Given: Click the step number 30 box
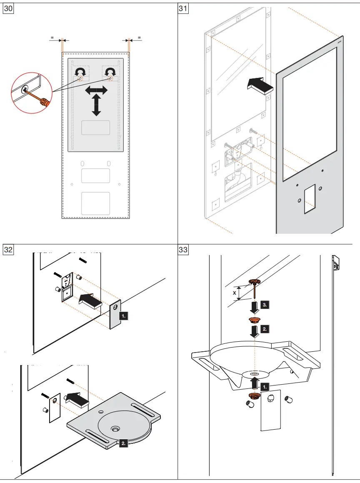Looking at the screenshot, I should pos(9,9).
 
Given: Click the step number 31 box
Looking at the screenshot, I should pos(183,9).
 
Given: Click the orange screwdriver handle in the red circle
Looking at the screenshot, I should pos(44,101).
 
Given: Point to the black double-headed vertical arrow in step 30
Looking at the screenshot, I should pos(96,105).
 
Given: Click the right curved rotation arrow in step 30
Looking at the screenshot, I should pos(110,72).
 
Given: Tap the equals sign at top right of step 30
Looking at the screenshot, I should pos(139,38).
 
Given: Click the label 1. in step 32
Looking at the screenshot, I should pos(123,316).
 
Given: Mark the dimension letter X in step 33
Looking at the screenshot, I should pos(235,293).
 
